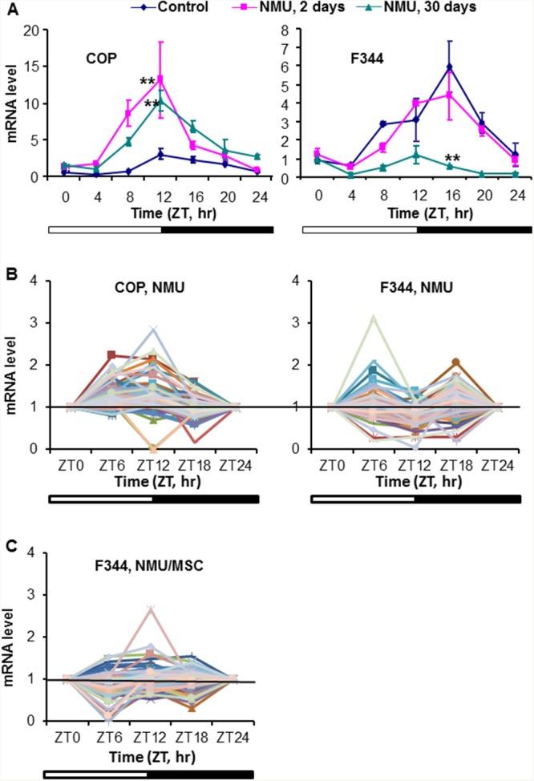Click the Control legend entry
(172, 7)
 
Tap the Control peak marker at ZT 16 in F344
(450, 67)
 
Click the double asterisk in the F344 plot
(452, 158)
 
